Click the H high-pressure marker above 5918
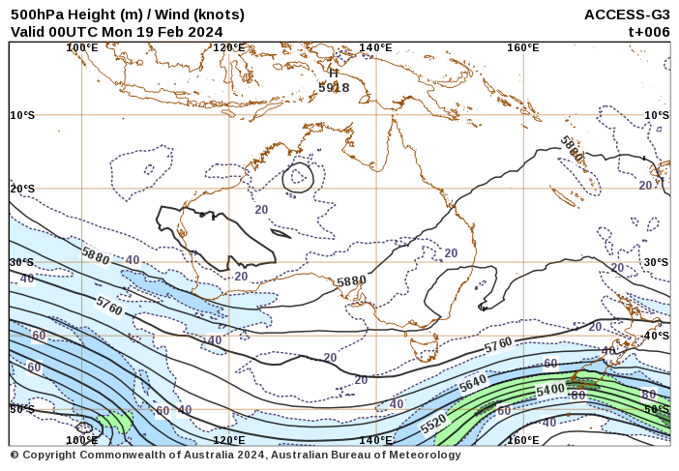click(334, 73)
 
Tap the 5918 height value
click(334, 87)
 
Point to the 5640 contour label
click(473, 383)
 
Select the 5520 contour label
click(433, 423)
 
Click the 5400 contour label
click(550, 389)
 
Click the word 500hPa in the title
click(37, 15)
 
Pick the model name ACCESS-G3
click(627, 15)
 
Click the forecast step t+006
click(649, 31)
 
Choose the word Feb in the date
click(168, 31)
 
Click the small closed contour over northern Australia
click(298, 177)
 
